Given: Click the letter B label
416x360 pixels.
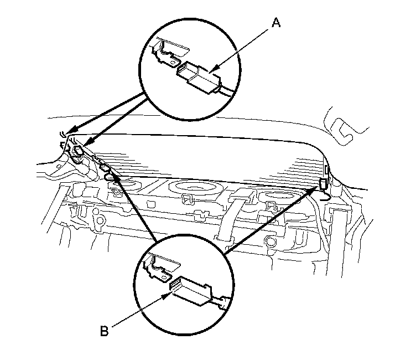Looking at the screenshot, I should coord(105,332).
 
